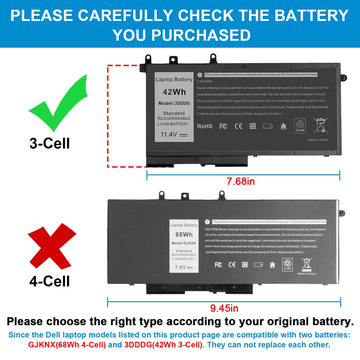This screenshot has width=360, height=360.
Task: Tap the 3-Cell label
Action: [49, 143]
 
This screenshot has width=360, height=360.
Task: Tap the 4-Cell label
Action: [49, 280]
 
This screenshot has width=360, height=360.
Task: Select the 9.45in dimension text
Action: [224, 309]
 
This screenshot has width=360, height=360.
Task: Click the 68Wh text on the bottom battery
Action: [184, 235]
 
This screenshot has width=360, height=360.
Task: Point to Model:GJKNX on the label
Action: [184, 243]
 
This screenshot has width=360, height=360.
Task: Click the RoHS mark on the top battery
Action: [205, 126]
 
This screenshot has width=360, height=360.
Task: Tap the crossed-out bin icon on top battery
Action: [321, 125]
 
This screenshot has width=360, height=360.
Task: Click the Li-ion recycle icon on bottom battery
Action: [288, 264]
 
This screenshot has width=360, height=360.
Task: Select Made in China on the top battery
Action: [318, 140]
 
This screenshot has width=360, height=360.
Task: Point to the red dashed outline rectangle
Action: [108, 116]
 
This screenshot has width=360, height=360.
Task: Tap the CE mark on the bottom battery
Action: [232, 265]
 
